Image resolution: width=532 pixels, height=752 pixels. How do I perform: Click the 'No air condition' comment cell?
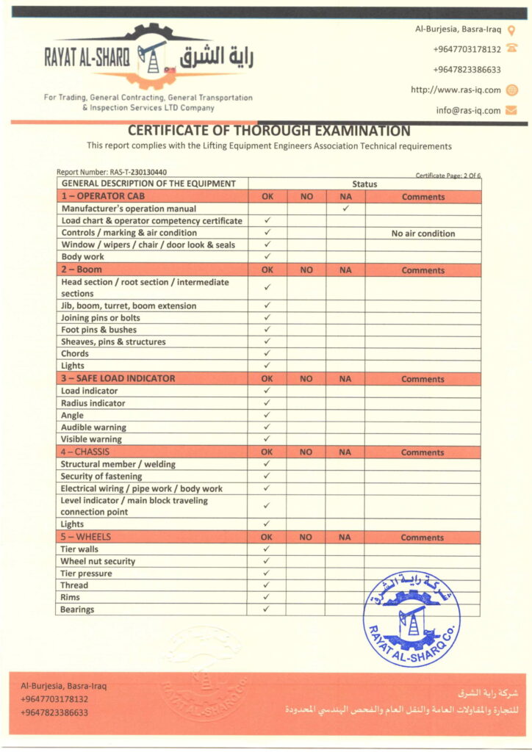coord(423,234)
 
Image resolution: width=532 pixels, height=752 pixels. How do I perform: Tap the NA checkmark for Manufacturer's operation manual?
coord(345,209)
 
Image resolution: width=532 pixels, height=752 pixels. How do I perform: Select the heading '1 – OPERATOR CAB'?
coord(103,196)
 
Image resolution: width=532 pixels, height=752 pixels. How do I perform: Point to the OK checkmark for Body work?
coord(267,256)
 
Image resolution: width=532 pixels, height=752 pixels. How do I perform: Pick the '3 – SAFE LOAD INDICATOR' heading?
coord(118,378)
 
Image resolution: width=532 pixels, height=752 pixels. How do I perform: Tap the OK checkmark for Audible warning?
coord(267,427)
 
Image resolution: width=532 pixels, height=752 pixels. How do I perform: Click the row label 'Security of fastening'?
coord(101,476)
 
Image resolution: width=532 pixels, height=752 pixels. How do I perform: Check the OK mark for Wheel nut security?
coord(267,561)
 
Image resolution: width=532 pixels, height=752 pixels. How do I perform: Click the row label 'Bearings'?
coord(77,610)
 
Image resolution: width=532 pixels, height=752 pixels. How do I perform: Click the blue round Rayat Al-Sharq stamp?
coord(411,618)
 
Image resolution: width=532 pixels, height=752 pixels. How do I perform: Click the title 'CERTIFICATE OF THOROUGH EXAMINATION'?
coord(269,131)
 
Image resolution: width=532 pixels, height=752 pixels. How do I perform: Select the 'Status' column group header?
coord(364,184)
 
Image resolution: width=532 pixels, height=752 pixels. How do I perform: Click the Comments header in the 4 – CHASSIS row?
coord(423,452)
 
